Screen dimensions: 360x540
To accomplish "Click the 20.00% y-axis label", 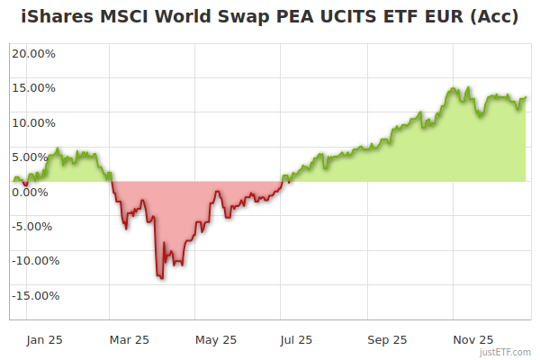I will click(x=33, y=53).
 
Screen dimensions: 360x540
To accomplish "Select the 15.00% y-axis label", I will click(x=33, y=88).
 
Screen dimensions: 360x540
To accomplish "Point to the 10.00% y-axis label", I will click(x=33, y=122).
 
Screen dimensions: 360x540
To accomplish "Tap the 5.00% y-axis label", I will click(x=31, y=157).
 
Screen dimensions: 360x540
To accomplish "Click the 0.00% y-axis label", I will click(x=31, y=192).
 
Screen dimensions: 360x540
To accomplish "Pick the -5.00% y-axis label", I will click(x=33, y=226).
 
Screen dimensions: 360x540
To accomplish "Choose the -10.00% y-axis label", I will click(x=36, y=261).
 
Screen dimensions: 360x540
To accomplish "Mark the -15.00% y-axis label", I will click(x=36, y=295).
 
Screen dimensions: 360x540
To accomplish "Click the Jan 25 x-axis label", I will click(x=44, y=339).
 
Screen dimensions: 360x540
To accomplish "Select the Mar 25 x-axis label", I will click(x=129, y=339).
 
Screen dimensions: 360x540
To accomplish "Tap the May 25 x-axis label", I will click(x=215, y=339).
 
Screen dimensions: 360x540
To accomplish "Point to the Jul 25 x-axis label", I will click(x=297, y=339).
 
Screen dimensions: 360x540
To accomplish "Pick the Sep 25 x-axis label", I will click(x=387, y=339).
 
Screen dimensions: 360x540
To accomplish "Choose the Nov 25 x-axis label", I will click(x=473, y=339).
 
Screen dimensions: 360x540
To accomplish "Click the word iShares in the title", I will click(x=55, y=17).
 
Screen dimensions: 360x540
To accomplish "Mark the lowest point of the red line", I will click(x=162, y=278).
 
